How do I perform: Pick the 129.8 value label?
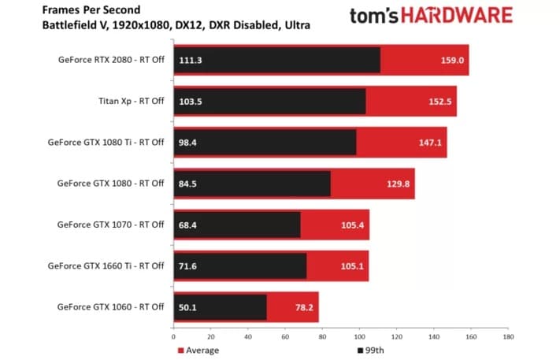(399, 184)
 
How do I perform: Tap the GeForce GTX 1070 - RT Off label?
(110, 225)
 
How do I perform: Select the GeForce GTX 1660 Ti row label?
(110, 265)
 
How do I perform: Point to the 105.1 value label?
(352, 265)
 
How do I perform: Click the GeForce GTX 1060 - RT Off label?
(110, 306)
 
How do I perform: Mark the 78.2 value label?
(303, 306)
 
